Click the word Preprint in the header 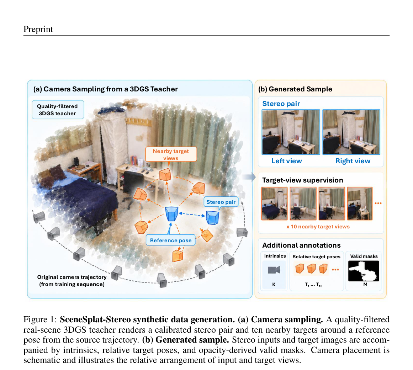(x=38, y=29)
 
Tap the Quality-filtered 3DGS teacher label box (x=58, y=110)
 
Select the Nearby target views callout (x=171, y=155)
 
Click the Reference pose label (x=171, y=240)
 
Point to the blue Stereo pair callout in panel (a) (x=221, y=202)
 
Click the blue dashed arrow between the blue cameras (x=192, y=215)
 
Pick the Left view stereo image (x=291, y=132)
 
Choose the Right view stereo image (x=351, y=132)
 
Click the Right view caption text (x=353, y=161)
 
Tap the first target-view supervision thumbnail (x=275, y=203)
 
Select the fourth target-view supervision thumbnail (x=360, y=203)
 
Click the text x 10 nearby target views (x=318, y=227)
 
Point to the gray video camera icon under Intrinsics (x=274, y=270)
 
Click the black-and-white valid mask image (x=364, y=271)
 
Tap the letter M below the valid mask (x=365, y=284)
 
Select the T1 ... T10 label (x=313, y=285)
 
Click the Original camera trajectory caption (x=72, y=280)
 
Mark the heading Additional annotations (x=301, y=245)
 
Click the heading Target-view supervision (x=303, y=180)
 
